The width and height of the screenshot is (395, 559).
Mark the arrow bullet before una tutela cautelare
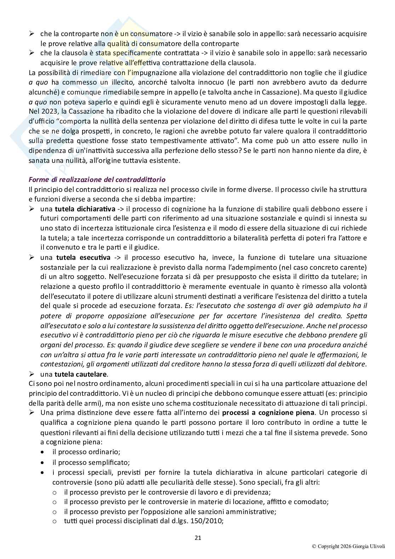32,374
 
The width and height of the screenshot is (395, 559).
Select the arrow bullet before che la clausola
32,53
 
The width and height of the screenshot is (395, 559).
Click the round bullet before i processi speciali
42,473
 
